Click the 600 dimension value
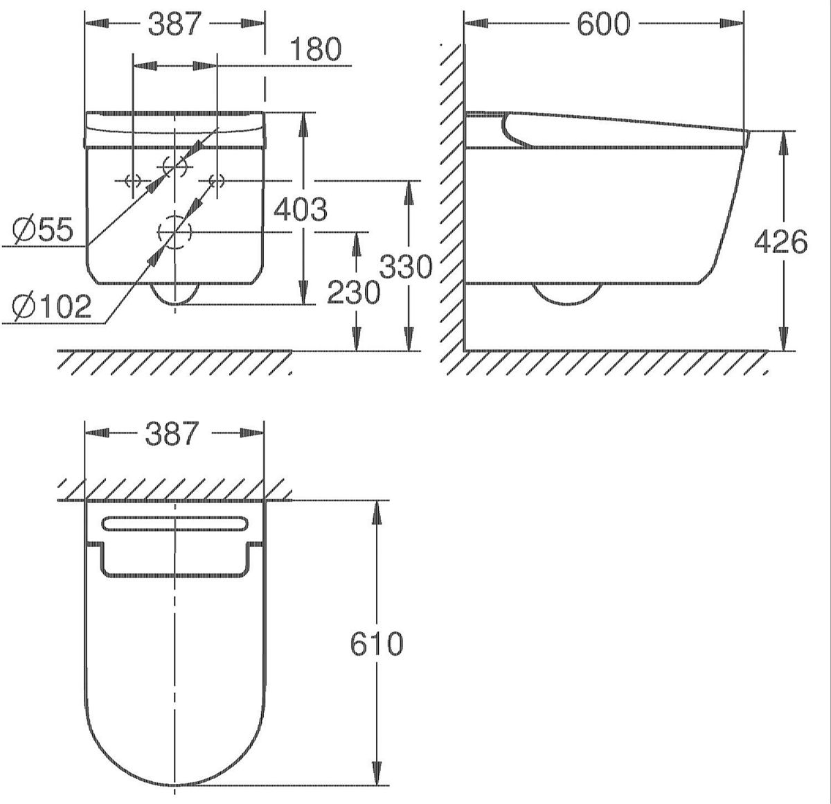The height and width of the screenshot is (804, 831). click(x=603, y=24)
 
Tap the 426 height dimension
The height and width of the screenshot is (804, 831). click(x=780, y=243)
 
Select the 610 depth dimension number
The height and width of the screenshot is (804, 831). click(x=376, y=643)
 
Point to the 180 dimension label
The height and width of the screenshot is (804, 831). click(x=316, y=49)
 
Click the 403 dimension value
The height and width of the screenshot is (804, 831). click(x=301, y=209)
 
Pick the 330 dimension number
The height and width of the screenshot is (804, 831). click(x=406, y=267)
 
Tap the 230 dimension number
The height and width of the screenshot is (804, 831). click(x=353, y=292)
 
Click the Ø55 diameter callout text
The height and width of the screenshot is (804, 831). click(x=43, y=229)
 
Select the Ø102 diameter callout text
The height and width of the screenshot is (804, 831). click(x=52, y=306)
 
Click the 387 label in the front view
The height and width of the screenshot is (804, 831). click(x=175, y=24)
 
